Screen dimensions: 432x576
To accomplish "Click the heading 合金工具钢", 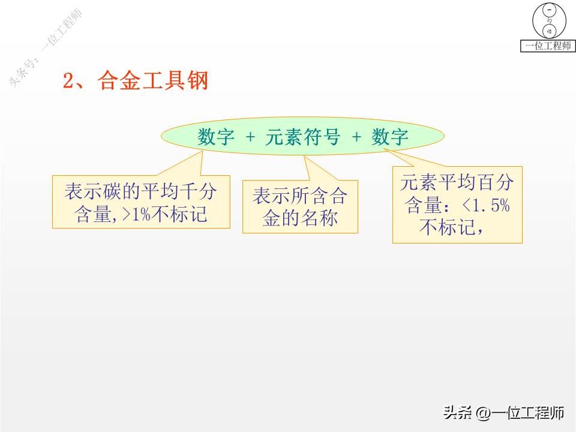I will tap(154, 80).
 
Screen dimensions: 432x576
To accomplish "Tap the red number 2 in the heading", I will tap(68, 81).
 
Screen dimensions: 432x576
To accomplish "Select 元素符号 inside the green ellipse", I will tap(302, 137).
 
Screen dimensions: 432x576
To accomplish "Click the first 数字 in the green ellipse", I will tap(215, 137).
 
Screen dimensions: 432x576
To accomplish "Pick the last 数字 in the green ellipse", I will tap(389, 137).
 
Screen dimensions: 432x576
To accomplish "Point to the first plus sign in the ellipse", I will tap(250, 138).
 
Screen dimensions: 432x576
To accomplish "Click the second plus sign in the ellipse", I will tap(356, 138).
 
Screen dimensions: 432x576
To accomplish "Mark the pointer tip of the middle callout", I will tap(305, 157).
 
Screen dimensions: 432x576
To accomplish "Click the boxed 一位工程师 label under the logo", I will tap(548, 46).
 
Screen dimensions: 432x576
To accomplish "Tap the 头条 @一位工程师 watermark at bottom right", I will tap(504, 413).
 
